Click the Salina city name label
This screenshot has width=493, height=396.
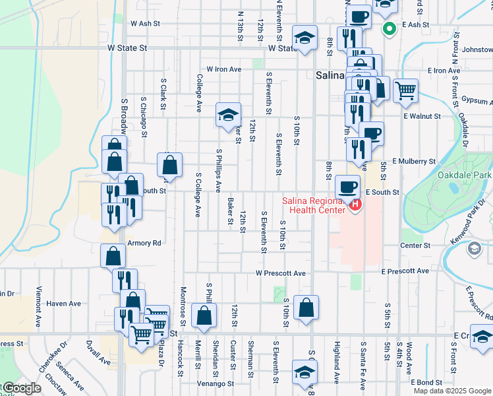click(x=330, y=75)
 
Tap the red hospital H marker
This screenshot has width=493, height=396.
click(x=356, y=205)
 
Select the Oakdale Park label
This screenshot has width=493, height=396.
click(x=465, y=175)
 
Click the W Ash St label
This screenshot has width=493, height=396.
click(x=145, y=22)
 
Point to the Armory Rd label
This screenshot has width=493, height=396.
click(x=144, y=243)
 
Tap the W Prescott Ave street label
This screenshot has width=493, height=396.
click(x=281, y=273)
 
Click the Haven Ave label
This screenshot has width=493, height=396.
click(x=64, y=304)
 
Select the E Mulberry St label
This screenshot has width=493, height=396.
click(x=414, y=161)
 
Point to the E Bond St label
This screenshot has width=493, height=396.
click(x=426, y=382)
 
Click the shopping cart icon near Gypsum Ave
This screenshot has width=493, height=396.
click(x=406, y=90)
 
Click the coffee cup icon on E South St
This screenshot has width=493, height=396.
click(x=348, y=185)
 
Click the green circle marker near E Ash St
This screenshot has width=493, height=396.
click(x=389, y=28)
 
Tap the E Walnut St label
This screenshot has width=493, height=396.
click(x=422, y=116)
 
